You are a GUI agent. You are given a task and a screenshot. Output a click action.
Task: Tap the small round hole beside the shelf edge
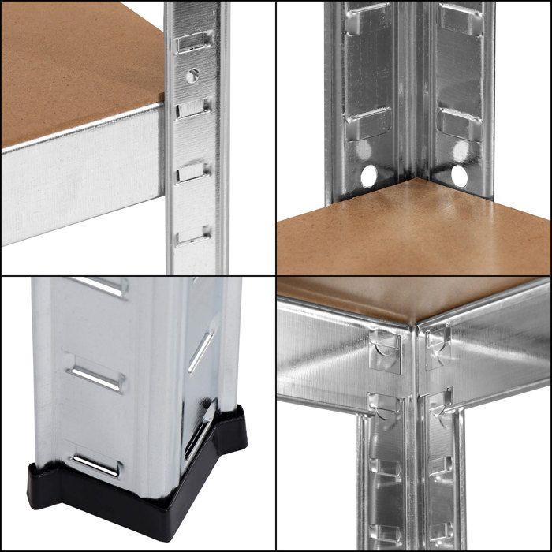tap(192, 75)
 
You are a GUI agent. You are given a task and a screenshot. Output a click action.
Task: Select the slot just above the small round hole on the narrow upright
tap(193, 41)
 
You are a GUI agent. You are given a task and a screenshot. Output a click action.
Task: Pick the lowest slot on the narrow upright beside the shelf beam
tap(193, 234)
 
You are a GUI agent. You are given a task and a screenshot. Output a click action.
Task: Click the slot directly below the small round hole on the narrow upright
tap(193, 106)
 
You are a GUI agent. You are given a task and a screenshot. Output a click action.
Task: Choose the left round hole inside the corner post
tap(367, 176)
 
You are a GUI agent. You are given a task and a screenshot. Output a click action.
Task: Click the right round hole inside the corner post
tap(459, 174)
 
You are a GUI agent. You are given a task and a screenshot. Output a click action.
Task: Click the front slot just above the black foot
tap(95, 465)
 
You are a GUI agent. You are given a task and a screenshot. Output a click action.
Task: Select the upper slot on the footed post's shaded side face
tap(202, 347)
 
